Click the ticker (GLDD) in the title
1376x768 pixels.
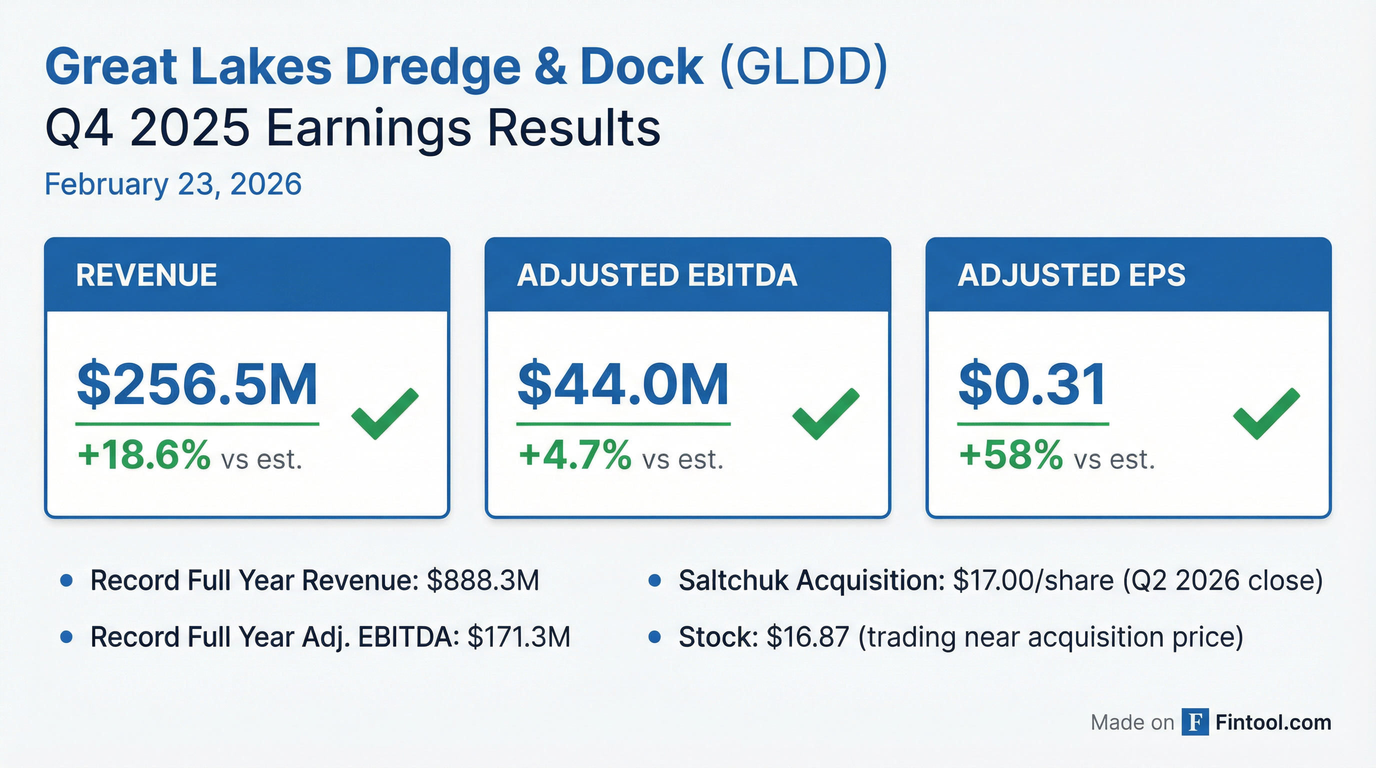(804, 67)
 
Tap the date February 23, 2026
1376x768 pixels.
(173, 184)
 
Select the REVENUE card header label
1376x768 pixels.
(146, 275)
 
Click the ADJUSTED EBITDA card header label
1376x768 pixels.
(657, 275)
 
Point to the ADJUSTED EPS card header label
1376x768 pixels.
(1071, 275)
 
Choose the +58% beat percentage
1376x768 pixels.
(1010, 455)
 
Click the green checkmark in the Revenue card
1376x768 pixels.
(384, 414)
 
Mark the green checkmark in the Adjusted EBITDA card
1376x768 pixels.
(826, 414)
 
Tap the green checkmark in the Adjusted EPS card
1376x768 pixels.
(1266, 414)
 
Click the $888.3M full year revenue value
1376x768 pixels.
(483, 580)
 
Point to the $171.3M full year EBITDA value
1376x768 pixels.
(518, 637)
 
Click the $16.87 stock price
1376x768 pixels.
(807, 637)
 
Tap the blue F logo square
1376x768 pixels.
(1195, 722)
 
